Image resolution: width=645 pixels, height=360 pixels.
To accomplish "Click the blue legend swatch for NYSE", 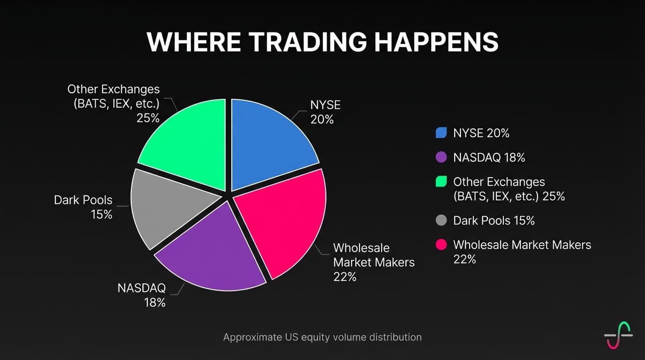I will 441,133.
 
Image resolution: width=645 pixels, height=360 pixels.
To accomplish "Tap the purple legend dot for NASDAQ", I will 441,157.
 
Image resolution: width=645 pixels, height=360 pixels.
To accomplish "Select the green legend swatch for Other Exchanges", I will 441,182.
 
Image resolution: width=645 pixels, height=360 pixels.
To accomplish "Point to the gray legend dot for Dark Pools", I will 441,220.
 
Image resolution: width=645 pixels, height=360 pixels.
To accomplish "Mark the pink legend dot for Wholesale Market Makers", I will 441,245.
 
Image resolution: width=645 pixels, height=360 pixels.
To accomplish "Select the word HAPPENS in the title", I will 436,42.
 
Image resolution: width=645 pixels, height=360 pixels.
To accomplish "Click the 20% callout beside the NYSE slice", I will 322,120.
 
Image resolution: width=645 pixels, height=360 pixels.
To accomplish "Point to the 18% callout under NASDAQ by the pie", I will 155,302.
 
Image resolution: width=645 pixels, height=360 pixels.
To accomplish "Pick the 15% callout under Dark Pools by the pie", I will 101,215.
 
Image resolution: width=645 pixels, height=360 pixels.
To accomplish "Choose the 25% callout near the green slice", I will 148,118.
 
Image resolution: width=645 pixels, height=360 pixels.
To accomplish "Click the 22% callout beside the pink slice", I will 345,277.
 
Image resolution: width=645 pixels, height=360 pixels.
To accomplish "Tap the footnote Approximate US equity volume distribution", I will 322,337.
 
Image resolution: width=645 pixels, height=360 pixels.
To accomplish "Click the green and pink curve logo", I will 618,335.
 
